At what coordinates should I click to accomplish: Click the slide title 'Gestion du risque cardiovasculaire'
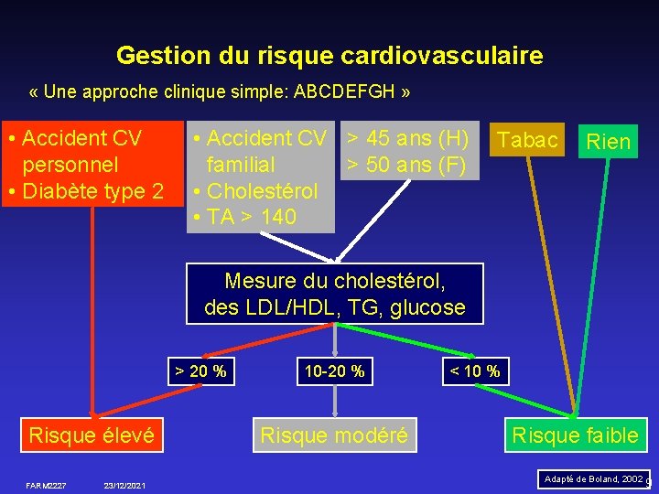[329, 56]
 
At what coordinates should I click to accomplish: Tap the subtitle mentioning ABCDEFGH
[220, 93]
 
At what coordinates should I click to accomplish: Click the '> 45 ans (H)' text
[406, 139]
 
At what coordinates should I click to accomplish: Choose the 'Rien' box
[609, 142]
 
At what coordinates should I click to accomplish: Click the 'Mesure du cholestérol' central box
[335, 293]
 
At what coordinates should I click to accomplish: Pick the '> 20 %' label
[200, 370]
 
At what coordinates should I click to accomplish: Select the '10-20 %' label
[335, 370]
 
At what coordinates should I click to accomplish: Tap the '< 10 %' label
[474, 370]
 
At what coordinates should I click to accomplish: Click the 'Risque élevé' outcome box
[92, 435]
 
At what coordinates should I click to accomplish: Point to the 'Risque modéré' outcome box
[335, 435]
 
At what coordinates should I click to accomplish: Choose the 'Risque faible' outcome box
[575, 435]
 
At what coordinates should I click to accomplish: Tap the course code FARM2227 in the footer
[46, 484]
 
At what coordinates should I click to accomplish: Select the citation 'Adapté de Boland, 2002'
[593, 478]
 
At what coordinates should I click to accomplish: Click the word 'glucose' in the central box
[427, 307]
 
